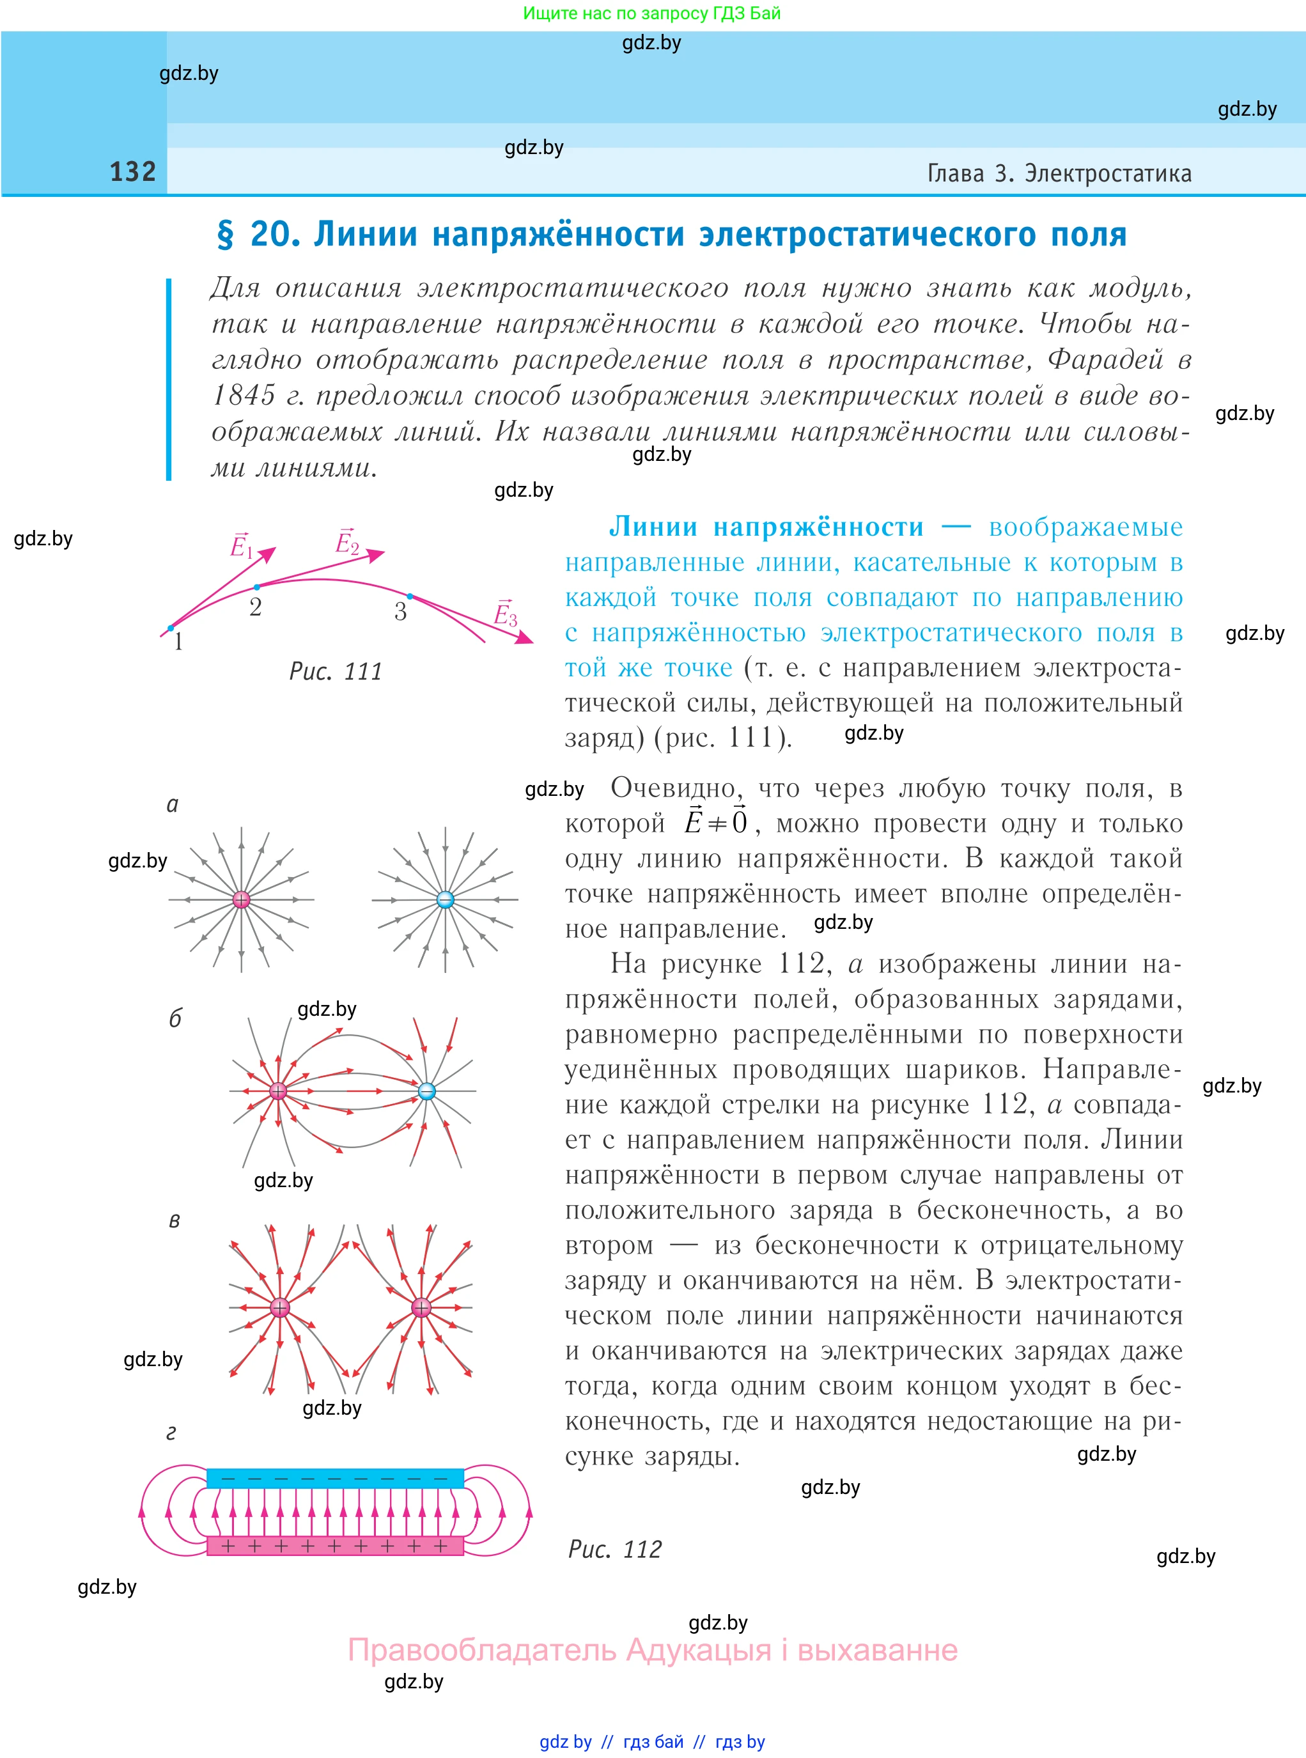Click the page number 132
[x=132, y=171]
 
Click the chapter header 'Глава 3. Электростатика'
[x=1059, y=173]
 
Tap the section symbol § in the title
[x=225, y=235]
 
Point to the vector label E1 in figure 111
[x=241, y=545]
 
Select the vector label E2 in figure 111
[x=347, y=541]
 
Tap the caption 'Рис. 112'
[x=614, y=1548]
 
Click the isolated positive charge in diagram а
[x=241, y=899]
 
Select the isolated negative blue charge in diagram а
[x=445, y=899]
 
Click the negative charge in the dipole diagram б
[x=426, y=1091]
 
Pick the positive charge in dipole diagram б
[x=277, y=1091]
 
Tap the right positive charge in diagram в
[x=421, y=1307]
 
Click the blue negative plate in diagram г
[x=334, y=1477]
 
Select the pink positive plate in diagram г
[x=334, y=1545]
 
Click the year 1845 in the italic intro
[x=244, y=395]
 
